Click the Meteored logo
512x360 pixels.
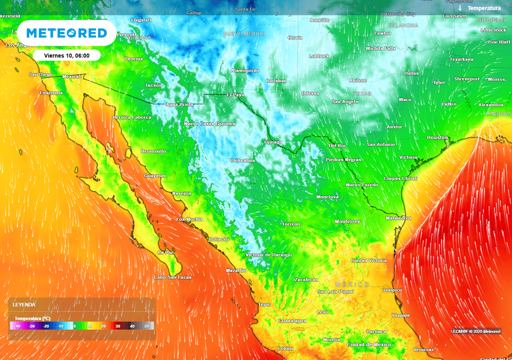pyautogui.click(x=66, y=33)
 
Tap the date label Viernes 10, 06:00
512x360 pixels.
pyautogui.click(x=67, y=55)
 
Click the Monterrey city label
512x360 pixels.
pyautogui.click(x=347, y=221)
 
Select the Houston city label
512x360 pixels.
pyautogui.click(x=437, y=137)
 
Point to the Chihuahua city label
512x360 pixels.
pyautogui.click(x=242, y=160)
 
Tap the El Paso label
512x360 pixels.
pyautogui.click(x=235, y=94)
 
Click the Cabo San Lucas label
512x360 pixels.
pyautogui.click(x=172, y=277)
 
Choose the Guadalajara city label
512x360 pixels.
pyautogui.click(x=292, y=321)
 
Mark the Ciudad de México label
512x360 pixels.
pyautogui.click(x=369, y=345)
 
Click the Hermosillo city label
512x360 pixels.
pyautogui.click(x=153, y=151)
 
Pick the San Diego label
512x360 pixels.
pyautogui.click(x=41, y=74)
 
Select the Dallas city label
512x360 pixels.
pyautogui.click(x=411, y=73)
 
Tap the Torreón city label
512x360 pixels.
pyautogui.click(x=291, y=224)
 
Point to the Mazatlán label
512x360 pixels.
pyautogui.click(x=236, y=270)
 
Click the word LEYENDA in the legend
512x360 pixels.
pyautogui.click(x=24, y=304)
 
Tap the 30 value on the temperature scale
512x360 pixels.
pyautogui.click(x=118, y=326)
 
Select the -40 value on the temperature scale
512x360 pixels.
pyautogui.click(x=17, y=326)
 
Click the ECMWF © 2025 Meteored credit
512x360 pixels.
pyautogui.click(x=476, y=331)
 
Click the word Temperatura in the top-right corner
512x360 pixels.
pyautogui.click(x=483, y=8)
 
